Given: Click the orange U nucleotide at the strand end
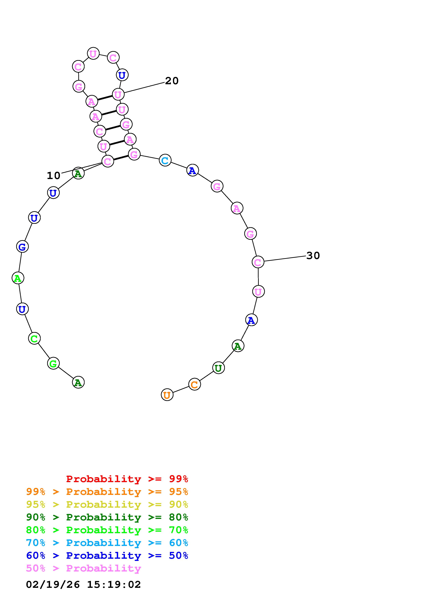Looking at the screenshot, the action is pyautogui.click(x=167, y=395).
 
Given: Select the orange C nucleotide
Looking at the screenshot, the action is pyautogui.click(x=195, y=384).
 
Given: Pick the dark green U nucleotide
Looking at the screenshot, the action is pyautogui.click(x=218, y=368).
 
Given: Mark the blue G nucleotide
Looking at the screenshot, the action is pyautogui.click(x=22, y=246).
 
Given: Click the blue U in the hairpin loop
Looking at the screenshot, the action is pyautogui.click(x=122, y=75).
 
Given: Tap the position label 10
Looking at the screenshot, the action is pyautogui.click(x=54, y=176).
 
